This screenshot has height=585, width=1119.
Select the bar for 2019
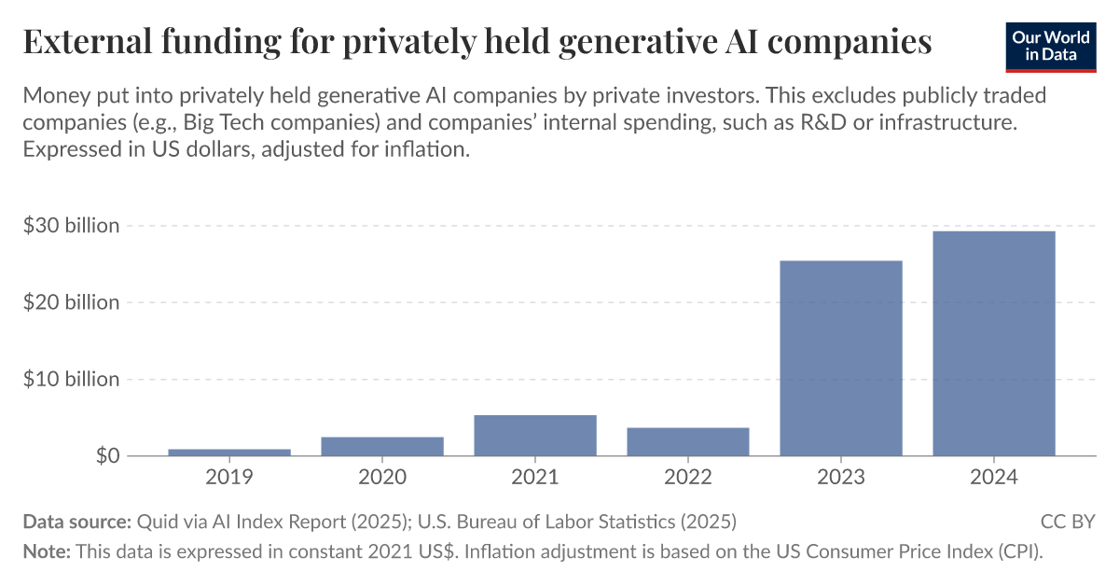pyautogui.click(x=229, y=453)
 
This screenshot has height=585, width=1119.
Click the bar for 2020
pyautogui.click(x=382, y=446)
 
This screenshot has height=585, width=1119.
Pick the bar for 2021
pyautogui.click(x=535, y=436)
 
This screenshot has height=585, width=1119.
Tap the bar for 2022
pyautogui.click(x=688, y=441)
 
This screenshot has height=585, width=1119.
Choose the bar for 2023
pyautogui.click(x=841, y=358)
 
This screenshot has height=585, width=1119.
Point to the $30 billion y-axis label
pyautogui.click(x=72, y=226)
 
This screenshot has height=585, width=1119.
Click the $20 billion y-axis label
pyautogui.click(x=72, y=302)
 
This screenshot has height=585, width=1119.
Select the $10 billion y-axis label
pyautogui.click(x=72, y=379)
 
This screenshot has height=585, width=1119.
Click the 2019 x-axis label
pyautogui.click(x=229, y=477)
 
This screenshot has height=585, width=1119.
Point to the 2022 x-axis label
pyautogui.click(x=688, y=477)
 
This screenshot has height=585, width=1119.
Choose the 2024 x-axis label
pyautogui.click(x=994, y=477)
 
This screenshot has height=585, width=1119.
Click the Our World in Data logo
pyautogui.click(x=1050, y=44)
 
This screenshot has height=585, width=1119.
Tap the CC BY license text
pyautogui.click(x=1068, y=522)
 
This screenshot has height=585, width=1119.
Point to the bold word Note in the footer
pyautogui.click(x=46, y=550)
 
